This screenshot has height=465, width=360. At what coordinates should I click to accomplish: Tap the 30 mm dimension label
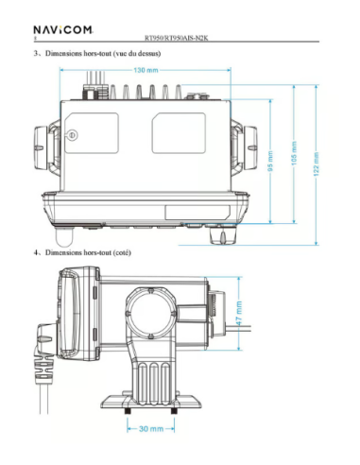pyautogui.click(x=150, y=430)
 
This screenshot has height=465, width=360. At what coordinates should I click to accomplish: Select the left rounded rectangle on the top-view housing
pyautogui.click(x=91, y=135)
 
